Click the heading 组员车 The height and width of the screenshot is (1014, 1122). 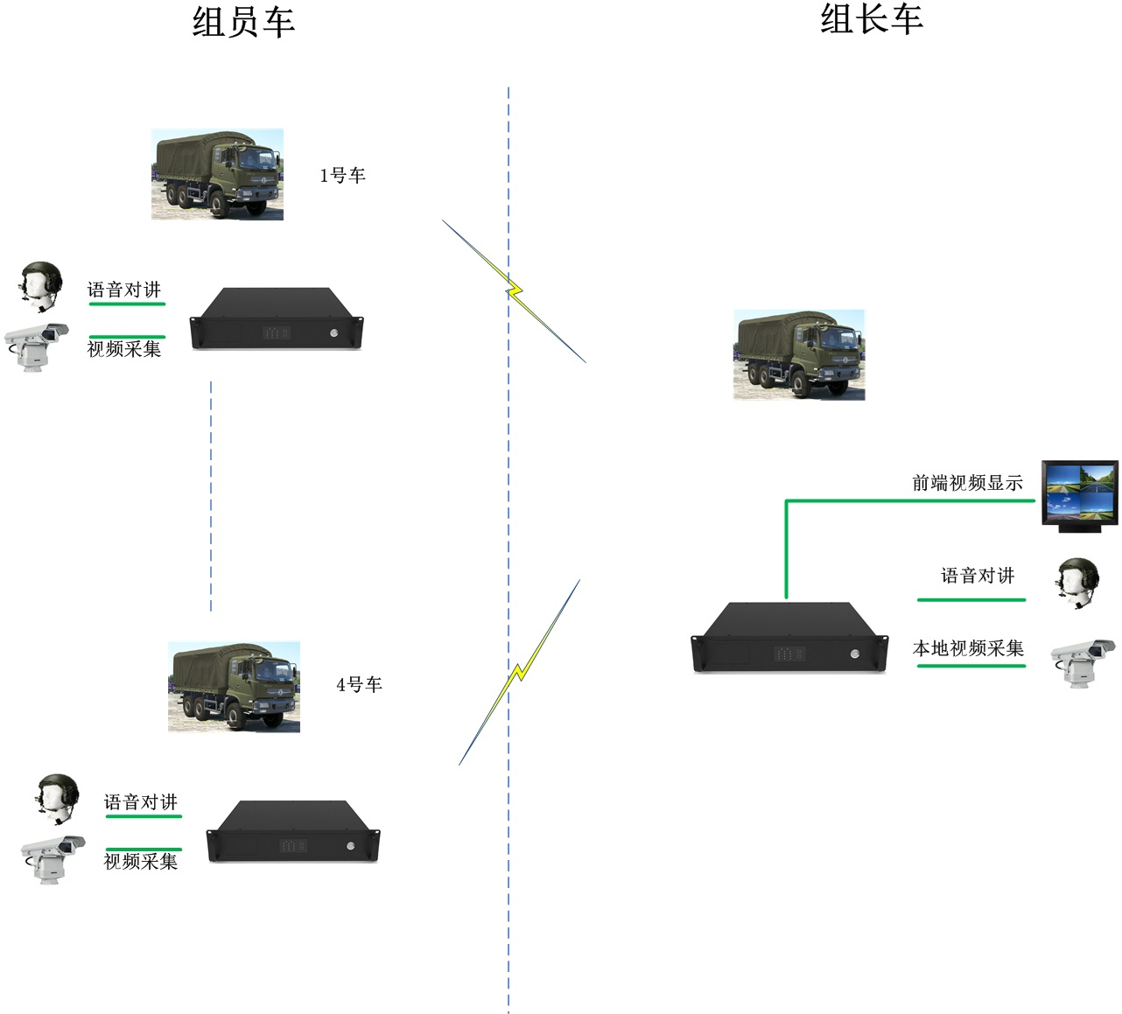pyautogui.click(x=243, y=23)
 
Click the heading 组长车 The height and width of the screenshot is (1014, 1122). pyautogui.click(x=871, y=19)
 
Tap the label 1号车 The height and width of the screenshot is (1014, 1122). pyautogui.click(x=342, y=176)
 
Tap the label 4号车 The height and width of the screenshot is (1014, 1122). pyautogui.click(x=359, y=685)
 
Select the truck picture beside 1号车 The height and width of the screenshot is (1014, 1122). pyautogui.click(x=217, y=174)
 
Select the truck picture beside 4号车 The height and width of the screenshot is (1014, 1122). pyautogui.click(x=234, y=687)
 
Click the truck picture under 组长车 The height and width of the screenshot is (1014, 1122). pyautogui.click(x=798, y=354)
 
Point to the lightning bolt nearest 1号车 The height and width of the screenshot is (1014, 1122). pyautogui.click(x=514, y=290)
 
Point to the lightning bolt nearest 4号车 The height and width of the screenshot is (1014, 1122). pyautogui.click(x=519, y=672)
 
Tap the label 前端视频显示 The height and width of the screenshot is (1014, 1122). pyautogui.click(x=967, y=483)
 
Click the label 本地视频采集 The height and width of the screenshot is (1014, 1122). pyautogui.click(x=968, y=648)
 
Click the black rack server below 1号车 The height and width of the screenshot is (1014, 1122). pyautogui.click(x=277, y=319)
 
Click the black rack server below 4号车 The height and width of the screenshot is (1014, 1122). pyautogui.click(x=292, y=832)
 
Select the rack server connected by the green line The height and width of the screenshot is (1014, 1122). pyautogui.click(x=789, y=638)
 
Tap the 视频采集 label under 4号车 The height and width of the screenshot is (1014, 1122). pyautogui.click(x=141, y=862)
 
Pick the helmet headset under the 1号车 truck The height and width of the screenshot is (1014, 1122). pyautogui.click(x=41, y=285)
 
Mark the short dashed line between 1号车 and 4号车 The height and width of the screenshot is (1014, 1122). pyautogui.click(x=211, y=495)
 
